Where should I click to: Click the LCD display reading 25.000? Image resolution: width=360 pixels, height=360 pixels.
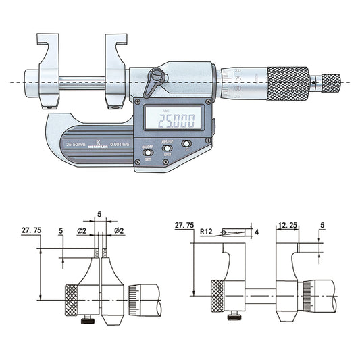pyautogui.click(x=176, y=121)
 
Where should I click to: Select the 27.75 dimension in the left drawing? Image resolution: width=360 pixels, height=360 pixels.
pyautogui.click(x=30, y=230)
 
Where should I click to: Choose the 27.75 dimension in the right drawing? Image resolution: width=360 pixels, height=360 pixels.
pyautogui.click(x=184, y=224)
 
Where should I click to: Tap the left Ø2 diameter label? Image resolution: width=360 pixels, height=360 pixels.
pyautogui.click(x=82, y=232)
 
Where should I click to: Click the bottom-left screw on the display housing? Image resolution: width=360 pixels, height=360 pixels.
pyautogui.click(x=139, y=161)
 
